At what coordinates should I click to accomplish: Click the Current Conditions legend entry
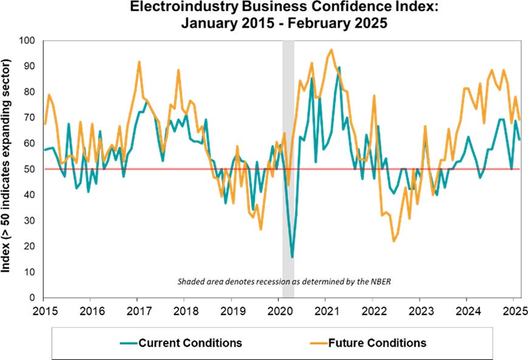click(x=190, y=343)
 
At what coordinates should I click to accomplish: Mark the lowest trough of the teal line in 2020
click(x=292, y=257)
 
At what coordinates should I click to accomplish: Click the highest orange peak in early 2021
click(x=331, y=50)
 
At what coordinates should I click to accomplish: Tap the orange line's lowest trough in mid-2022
click(x=394, y=241)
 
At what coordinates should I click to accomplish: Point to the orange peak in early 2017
click(x=139, y=61)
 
